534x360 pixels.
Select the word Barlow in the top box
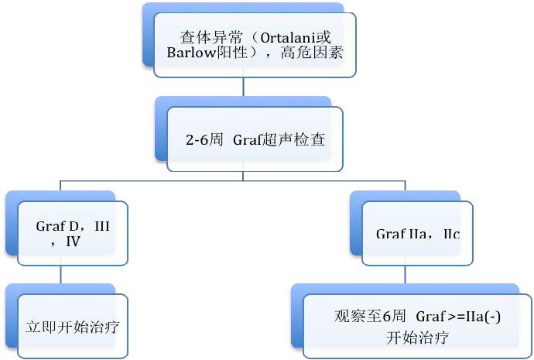tap(194, 53)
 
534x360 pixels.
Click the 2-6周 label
tap(204, 141)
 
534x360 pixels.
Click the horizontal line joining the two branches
tap(232, 180)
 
